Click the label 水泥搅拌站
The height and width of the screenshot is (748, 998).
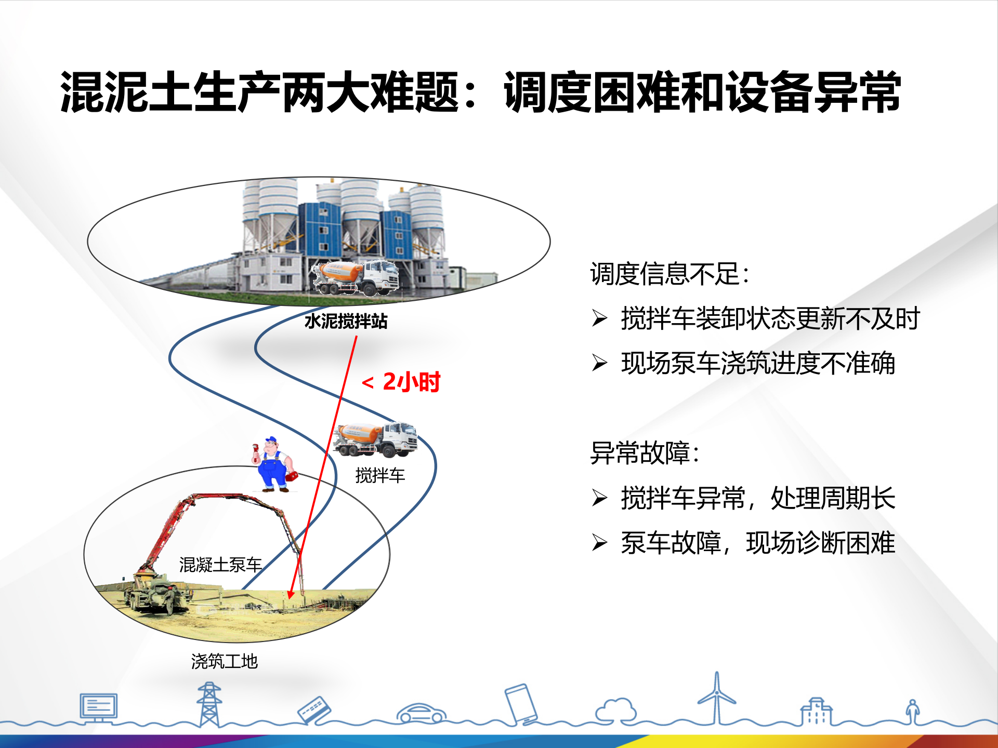click(x=346, y=321)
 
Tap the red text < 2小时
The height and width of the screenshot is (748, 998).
click(x=401, y=382)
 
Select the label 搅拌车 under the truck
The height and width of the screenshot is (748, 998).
click(x=380, y=475)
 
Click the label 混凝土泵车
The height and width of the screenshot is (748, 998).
click(x=220, y=565)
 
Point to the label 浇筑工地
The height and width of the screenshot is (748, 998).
click(x=225, y=661)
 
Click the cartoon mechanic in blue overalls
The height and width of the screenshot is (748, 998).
click(x=274, y=464)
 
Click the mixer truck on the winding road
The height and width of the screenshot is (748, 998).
click(x=375, y=439)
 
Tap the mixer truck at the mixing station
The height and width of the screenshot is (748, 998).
click(x=356, y=278)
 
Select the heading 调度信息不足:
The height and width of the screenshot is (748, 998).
click(x=669, y=274)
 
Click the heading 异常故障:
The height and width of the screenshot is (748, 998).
click(x=645, y=452)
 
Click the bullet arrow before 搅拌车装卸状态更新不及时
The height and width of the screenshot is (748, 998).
click(x=599, y=318)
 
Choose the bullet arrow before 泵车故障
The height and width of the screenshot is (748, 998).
click(x=599, y=543)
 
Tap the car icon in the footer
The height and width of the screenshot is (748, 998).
click(x=422, y=713)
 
